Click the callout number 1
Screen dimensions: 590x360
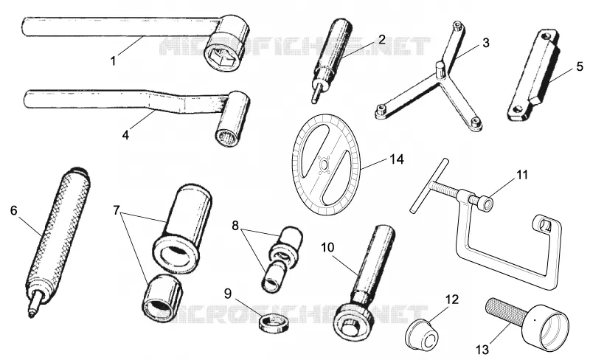114,60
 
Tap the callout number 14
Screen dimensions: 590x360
396,159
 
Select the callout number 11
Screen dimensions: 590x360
521,175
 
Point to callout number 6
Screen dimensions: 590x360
14,210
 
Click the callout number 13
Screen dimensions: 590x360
482,350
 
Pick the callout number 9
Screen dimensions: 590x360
228,294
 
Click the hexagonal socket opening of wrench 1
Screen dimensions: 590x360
223,58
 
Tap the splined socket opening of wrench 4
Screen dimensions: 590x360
227,136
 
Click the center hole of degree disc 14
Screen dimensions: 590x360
324,165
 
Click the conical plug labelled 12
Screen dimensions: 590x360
423,333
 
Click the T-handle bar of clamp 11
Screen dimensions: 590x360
428,185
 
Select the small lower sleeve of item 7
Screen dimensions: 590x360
162,299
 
